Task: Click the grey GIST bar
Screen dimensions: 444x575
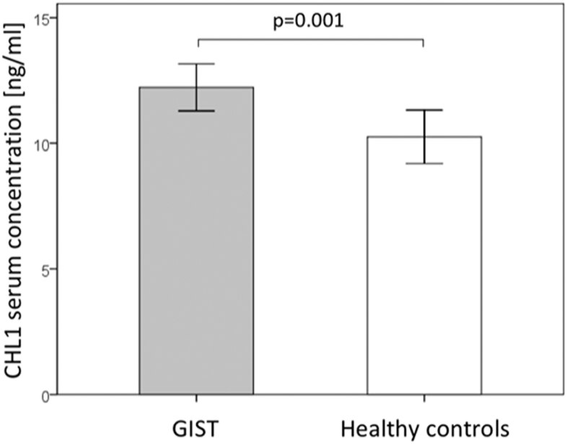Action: pyautogui.click(x=196, y=245)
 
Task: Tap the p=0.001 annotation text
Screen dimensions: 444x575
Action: pyautogui.click(x=310, y=20)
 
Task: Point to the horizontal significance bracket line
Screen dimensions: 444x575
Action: pyautogui.click(x=310, y=38)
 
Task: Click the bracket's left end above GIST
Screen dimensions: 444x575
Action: pyautogui.click(x=197, y=43)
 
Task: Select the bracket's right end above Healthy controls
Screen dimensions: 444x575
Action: pyautogui.click(x=423, y=43)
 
